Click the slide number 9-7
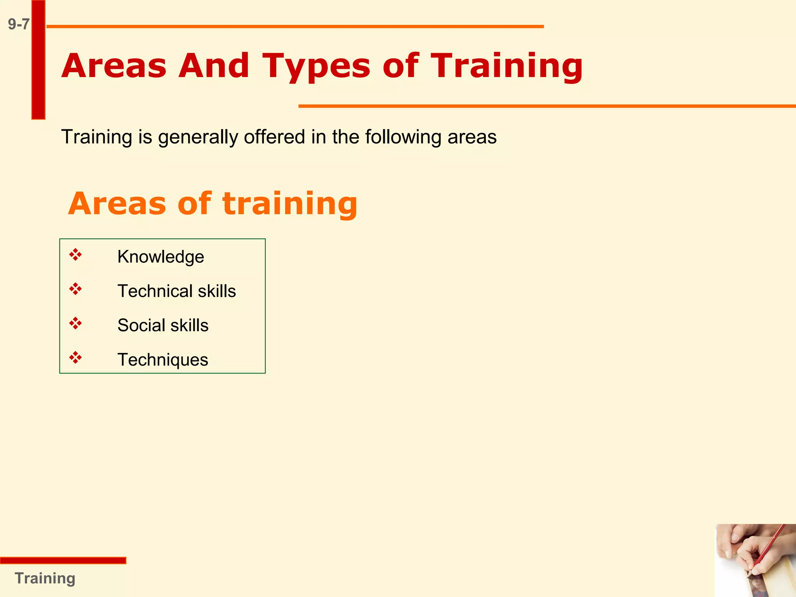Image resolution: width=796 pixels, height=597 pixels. pyautogui.click(x=19, y=24)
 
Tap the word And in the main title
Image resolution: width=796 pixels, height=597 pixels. pyautogui.click(x=213, y=65)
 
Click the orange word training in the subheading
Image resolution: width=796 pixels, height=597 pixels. pyautogui.click(x=290, y=204)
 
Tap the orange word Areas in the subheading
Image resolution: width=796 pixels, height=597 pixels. pyautogui.click(x=117, y=204)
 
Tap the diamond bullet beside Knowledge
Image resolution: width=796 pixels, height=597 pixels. pyautogui.click(x=75, y=255)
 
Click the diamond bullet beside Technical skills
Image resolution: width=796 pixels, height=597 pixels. pyautogui.click(x=75, y=289)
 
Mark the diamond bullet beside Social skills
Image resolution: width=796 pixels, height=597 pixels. pyautogui.click(x=75, y=323)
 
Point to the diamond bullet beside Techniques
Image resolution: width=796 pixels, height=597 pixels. pyautogui.click(x=75, y=358)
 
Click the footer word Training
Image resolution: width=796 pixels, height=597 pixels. pyautogui.click(x=45, y=578)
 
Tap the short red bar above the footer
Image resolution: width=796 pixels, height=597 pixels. pyautogui.click(x=63, y=560)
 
